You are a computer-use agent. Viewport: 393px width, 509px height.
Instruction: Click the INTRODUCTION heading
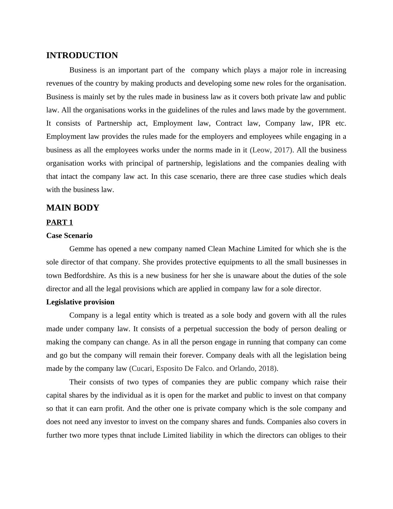point(82,56)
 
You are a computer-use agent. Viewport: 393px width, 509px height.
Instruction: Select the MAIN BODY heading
point(73,208)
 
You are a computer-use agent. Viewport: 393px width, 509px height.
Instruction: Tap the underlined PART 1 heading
point(59,222)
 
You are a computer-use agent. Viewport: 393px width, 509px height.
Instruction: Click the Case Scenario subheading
point(69,236)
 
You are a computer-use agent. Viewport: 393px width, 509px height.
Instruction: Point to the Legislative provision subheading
point(80,302)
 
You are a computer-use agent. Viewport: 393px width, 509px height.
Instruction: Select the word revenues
point(60,83)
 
